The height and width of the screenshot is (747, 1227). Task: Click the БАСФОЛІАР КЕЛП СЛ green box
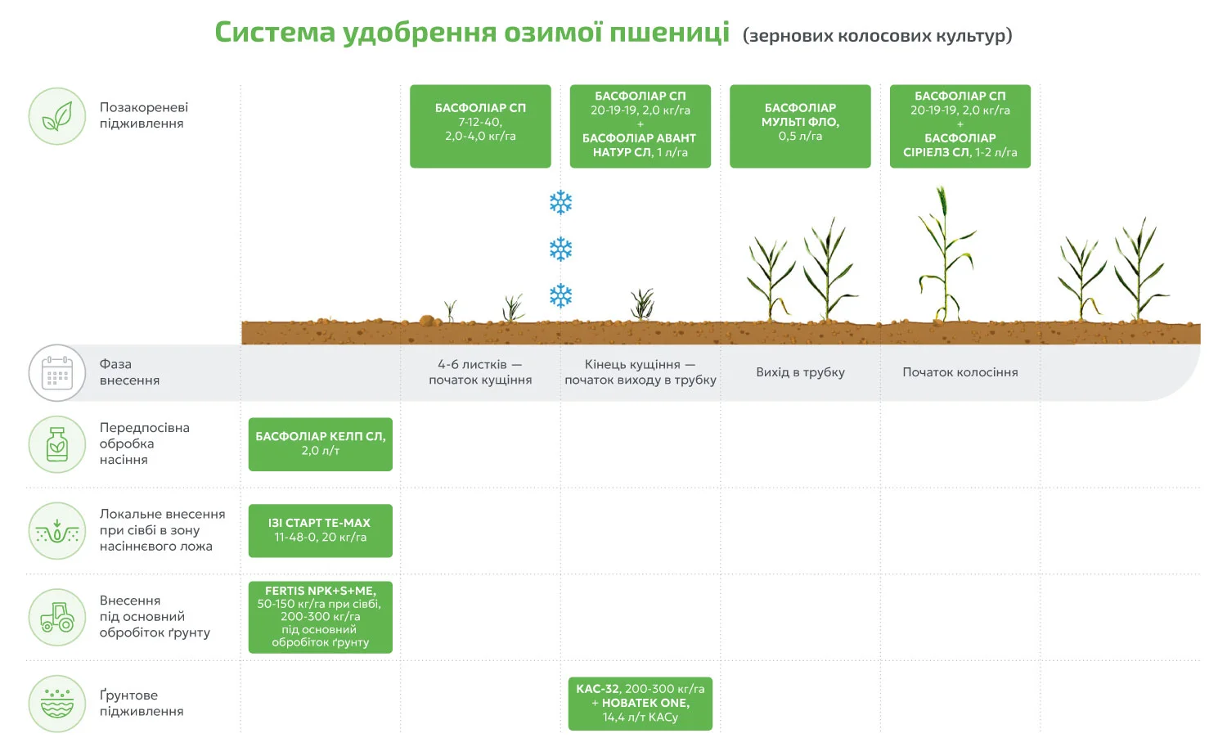coord(321,444)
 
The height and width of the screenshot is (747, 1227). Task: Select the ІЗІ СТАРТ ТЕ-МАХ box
coord(321,530)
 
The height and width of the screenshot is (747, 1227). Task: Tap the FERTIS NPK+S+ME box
coord(321,617)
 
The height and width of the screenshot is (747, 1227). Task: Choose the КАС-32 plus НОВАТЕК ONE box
coord(640,703)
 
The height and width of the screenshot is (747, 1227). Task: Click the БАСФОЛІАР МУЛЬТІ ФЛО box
coord(800,126)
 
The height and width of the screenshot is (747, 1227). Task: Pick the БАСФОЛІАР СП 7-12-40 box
coord(480,126)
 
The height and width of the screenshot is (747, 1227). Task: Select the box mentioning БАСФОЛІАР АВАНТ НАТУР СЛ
coord(640,126)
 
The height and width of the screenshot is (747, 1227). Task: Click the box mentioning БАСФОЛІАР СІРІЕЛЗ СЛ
coord(960,126)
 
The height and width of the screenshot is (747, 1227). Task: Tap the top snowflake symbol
coord(561,203)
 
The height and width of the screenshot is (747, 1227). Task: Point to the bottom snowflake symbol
coord(561,296)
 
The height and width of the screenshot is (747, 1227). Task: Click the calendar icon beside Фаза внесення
coord(57,372)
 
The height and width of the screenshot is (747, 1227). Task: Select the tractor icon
coord(57,617)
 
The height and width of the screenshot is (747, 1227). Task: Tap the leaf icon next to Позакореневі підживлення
coord(57,116)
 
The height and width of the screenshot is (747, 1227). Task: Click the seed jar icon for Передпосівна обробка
coord(57,444)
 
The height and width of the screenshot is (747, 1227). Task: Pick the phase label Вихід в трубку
coord(800,372)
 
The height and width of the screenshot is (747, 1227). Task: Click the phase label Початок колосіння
coord(960,372)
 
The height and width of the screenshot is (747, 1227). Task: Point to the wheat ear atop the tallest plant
coord(942,202)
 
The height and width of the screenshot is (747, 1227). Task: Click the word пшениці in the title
coord(669,32)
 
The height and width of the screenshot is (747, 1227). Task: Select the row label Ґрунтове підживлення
coord(142,703)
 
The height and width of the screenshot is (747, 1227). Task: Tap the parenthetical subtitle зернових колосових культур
coord(878,35)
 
